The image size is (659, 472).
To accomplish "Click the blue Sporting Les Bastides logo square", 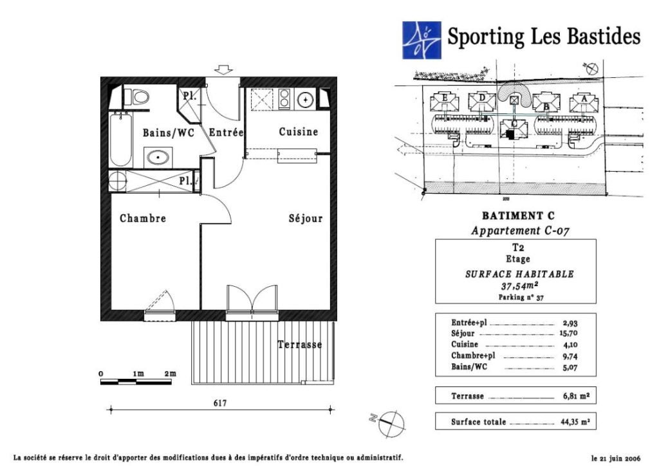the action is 422,41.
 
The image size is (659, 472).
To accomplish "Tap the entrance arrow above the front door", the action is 223,69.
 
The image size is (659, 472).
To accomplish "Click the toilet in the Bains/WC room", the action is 140,96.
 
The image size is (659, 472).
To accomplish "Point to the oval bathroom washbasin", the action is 158,158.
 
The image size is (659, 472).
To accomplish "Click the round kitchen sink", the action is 305,100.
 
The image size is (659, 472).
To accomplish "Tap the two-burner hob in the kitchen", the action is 284,99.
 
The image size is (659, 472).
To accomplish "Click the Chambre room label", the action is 143,219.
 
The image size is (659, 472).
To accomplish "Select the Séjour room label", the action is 306,219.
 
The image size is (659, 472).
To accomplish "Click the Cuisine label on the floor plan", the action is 299,132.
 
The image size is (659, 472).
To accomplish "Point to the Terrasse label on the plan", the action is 300,345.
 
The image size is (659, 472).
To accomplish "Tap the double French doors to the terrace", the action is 252,299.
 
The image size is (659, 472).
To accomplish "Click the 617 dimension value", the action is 220,403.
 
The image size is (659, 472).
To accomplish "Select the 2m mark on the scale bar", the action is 170,374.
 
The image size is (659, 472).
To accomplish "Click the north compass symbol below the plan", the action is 390,423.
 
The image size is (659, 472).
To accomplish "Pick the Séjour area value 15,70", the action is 569,334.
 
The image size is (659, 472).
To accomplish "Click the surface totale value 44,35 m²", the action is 575,422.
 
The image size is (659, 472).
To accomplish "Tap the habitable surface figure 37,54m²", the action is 520,286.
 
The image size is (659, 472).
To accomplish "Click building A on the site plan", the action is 584,104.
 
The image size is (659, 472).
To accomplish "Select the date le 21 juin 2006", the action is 616,458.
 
